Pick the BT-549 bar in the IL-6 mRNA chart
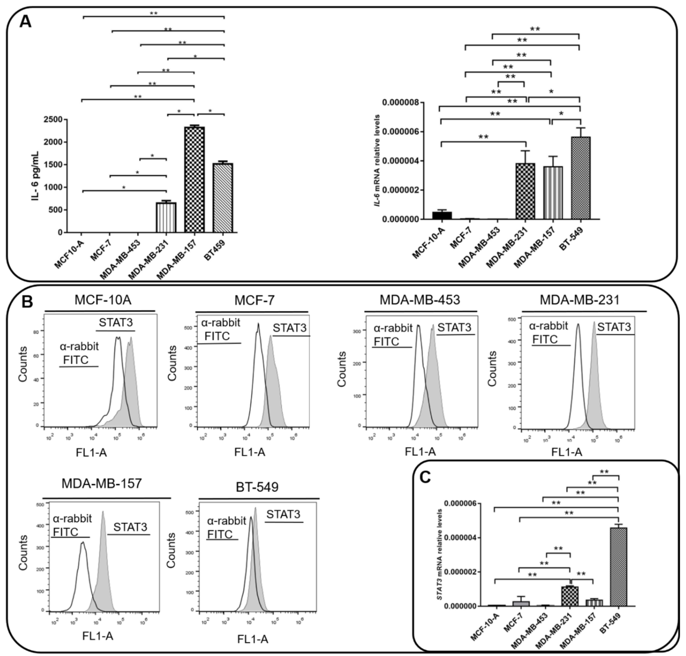point(580,178)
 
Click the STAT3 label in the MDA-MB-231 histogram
point(614,327)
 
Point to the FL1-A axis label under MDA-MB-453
point(420,452)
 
